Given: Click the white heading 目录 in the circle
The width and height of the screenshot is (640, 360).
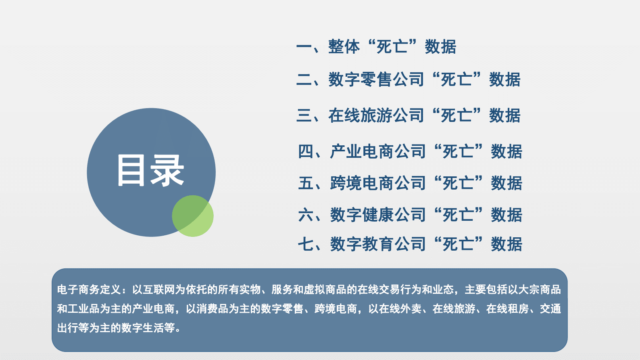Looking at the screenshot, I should [x=150, y=171].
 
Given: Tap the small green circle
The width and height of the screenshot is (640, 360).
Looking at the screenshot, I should [x=193, y=216].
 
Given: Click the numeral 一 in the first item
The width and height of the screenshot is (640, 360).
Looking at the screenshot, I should [x=304, y=47].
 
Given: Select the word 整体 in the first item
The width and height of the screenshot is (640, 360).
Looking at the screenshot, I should [x=344, y=47].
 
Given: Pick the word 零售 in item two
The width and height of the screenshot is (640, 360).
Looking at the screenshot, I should [x=376, y=80].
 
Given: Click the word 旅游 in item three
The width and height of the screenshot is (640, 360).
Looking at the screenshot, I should [x=376, y=115].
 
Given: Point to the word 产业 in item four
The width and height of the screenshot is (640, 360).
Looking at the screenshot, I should [x=346, y=151].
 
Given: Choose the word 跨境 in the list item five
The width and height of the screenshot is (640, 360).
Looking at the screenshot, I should [x=346, y=183].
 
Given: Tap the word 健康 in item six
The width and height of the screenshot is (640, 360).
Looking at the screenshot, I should [x=378, y=215].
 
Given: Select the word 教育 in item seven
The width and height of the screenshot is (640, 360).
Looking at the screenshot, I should [x=378, y=244].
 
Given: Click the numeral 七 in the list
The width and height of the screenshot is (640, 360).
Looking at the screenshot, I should [x=306, y=244].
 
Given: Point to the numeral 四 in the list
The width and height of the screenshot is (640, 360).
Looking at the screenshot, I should [x=306, y=151].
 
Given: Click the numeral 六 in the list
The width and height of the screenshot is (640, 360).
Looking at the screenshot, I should [x=306, y=215].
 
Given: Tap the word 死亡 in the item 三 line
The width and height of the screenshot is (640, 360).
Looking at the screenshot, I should [x=457, y=115].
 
